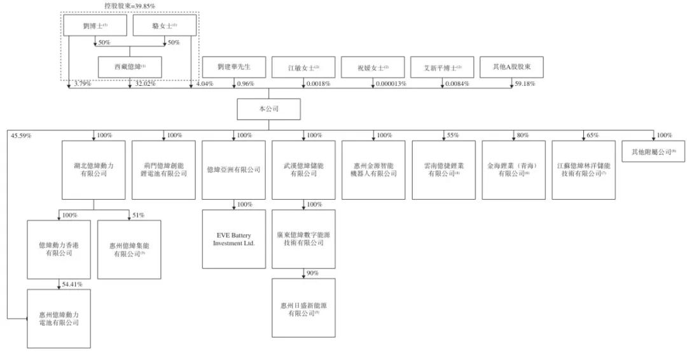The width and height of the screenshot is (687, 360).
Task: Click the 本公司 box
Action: click(x=268, y=109)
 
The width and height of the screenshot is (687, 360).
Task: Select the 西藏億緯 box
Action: click(x=130, y=67)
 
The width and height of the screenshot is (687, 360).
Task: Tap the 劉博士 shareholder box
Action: click(x=95, y=25)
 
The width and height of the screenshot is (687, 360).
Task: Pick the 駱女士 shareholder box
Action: click(x=164, y=25)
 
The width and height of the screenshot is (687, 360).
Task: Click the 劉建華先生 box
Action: click(x=233, y=67)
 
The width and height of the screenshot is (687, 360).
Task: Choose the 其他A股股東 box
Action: click(x=511, y=67)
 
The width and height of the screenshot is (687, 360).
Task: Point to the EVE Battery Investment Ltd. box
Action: click(x=233, y=239)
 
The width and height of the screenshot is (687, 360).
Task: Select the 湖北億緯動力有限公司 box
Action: click(x=94, y=170)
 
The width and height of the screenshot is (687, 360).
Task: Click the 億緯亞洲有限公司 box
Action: click(x=233, y=170)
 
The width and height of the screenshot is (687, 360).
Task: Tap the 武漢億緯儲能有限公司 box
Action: click(x=303, y=170)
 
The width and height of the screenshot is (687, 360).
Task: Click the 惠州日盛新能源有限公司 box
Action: click(x=303, y=308)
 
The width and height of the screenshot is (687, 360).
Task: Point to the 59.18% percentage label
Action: click(x=525, y=84)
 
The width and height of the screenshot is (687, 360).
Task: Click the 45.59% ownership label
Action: click(x=20, y=135)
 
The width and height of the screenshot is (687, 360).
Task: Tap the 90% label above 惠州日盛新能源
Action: click(x=313, y=273)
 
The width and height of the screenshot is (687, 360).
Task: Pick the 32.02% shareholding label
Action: click(x=145, y=84)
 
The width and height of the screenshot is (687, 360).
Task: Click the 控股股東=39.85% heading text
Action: click(x=130, y=6)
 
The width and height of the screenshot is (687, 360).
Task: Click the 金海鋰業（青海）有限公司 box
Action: click(x=513, y=170)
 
